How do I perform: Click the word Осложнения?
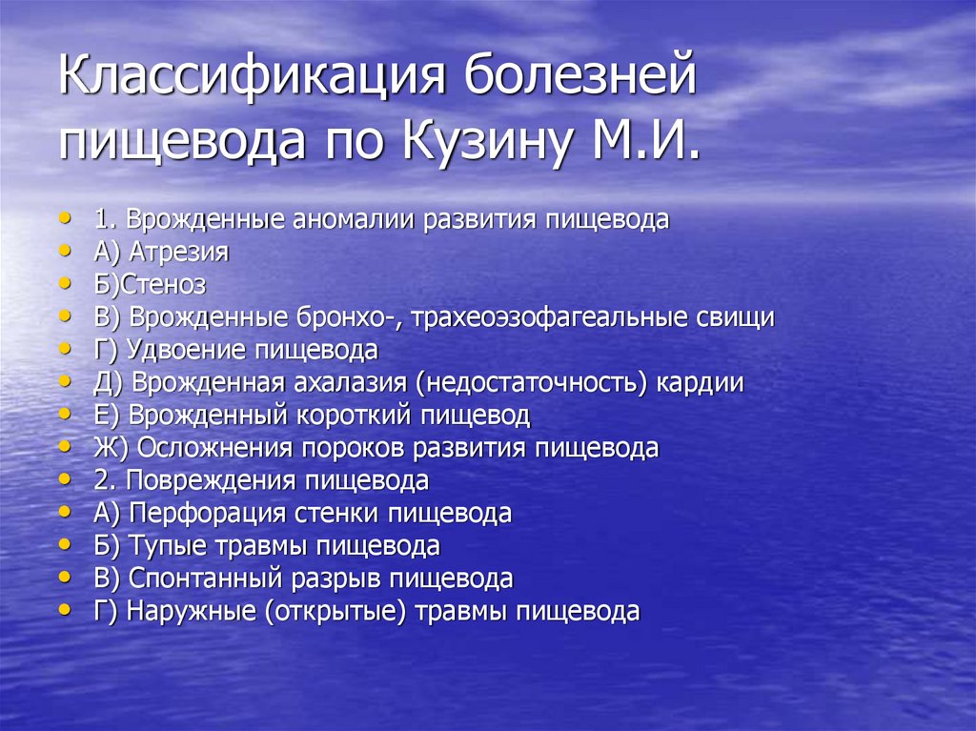(217, 448)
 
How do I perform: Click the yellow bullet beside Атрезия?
(64, 251)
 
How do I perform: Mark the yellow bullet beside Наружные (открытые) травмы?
(64, 609)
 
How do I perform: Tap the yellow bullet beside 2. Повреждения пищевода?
(64, 478)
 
